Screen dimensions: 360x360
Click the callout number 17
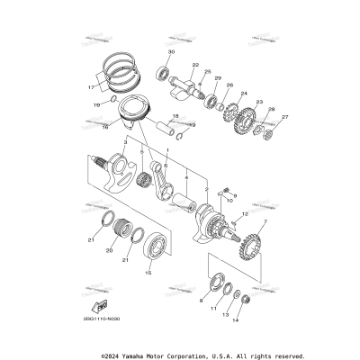pos(91,88)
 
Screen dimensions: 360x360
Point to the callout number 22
pos(194,65)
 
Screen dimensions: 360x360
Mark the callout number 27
pos(285,117)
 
